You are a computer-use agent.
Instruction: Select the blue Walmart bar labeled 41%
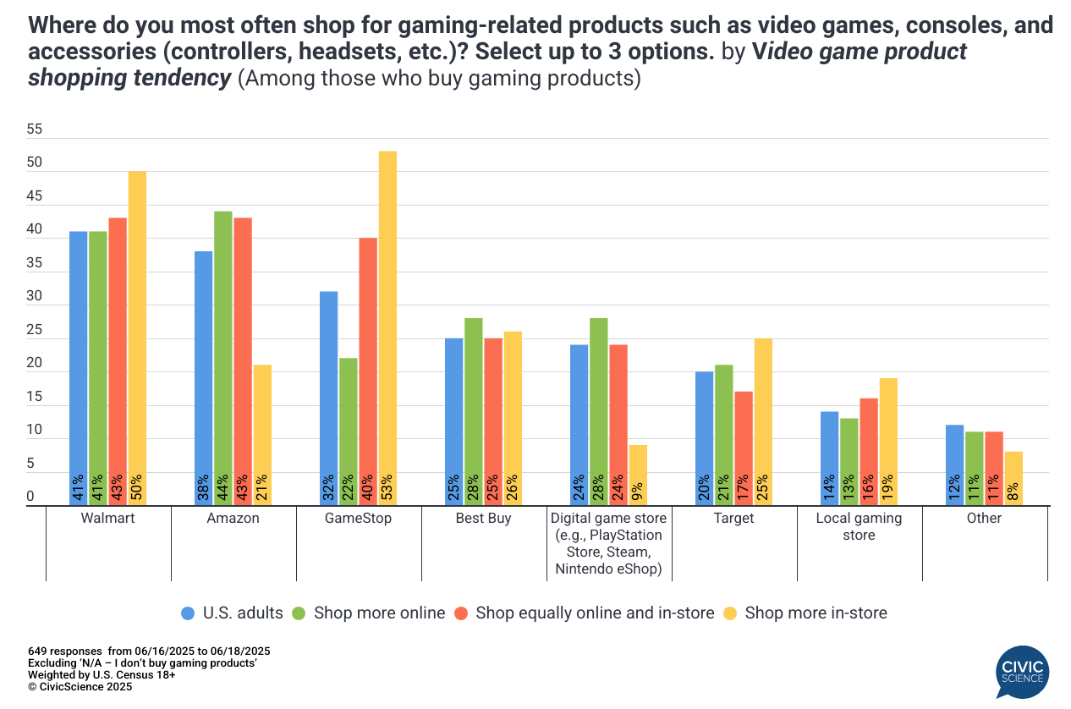pos(79,368)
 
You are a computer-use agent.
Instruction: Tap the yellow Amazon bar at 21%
pos(262,435)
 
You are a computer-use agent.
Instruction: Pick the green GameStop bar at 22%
pos(349,431)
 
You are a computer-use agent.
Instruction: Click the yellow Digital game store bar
pos(638,475)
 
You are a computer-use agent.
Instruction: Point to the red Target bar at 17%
pos(743,448)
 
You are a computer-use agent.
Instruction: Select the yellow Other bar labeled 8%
pos(1013,478)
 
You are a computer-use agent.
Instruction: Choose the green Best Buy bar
pos(474,412)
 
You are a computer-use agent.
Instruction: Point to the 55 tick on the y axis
pos(35,130)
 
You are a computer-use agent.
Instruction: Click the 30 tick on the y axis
pos(35,297)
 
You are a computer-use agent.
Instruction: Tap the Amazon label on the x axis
pos(233,518)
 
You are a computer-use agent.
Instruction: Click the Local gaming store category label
pos(859,525)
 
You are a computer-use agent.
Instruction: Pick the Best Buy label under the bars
pos(483,518)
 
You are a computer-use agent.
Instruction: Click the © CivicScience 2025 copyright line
pos(80,687)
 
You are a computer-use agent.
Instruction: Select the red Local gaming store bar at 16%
pos(868,452)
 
